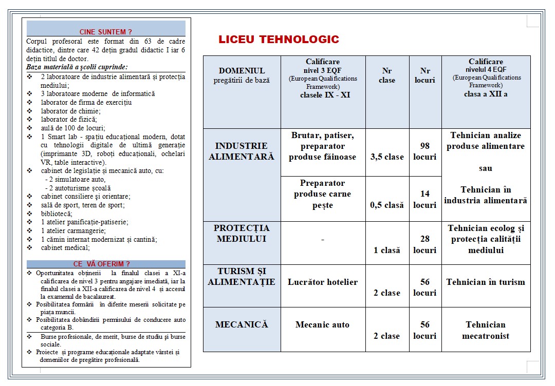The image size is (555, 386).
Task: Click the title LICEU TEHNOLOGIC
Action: tap(279, 40)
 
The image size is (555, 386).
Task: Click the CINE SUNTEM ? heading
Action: tap(105, 32)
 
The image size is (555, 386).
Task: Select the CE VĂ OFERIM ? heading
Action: tap(105, 264)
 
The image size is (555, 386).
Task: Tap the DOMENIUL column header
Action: tap(242, 75)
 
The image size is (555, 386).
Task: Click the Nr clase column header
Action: tap(387, 75)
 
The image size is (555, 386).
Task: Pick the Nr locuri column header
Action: tap(425, 75)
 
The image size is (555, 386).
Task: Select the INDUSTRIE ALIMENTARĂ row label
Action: tap(242, 151)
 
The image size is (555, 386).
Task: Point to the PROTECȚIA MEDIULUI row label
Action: tap(242, 234)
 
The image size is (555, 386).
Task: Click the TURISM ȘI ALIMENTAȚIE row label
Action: tap(242, 277)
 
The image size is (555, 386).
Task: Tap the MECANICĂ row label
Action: tap(242, 324)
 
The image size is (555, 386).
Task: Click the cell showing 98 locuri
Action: tap(425, 151)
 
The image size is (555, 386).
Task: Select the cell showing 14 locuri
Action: tap(425, 199)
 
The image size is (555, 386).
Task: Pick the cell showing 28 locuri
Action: tap(425, 244)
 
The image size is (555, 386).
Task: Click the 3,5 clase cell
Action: tap(387, 157)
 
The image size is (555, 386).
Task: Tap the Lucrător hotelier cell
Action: tap(323, 282)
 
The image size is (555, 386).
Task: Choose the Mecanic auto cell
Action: tap(323, 324)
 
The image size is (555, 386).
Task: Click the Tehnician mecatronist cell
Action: tap(486, 330)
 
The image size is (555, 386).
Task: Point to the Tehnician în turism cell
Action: tap(486, 282)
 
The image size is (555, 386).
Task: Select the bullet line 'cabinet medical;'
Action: tap(65, 247)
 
